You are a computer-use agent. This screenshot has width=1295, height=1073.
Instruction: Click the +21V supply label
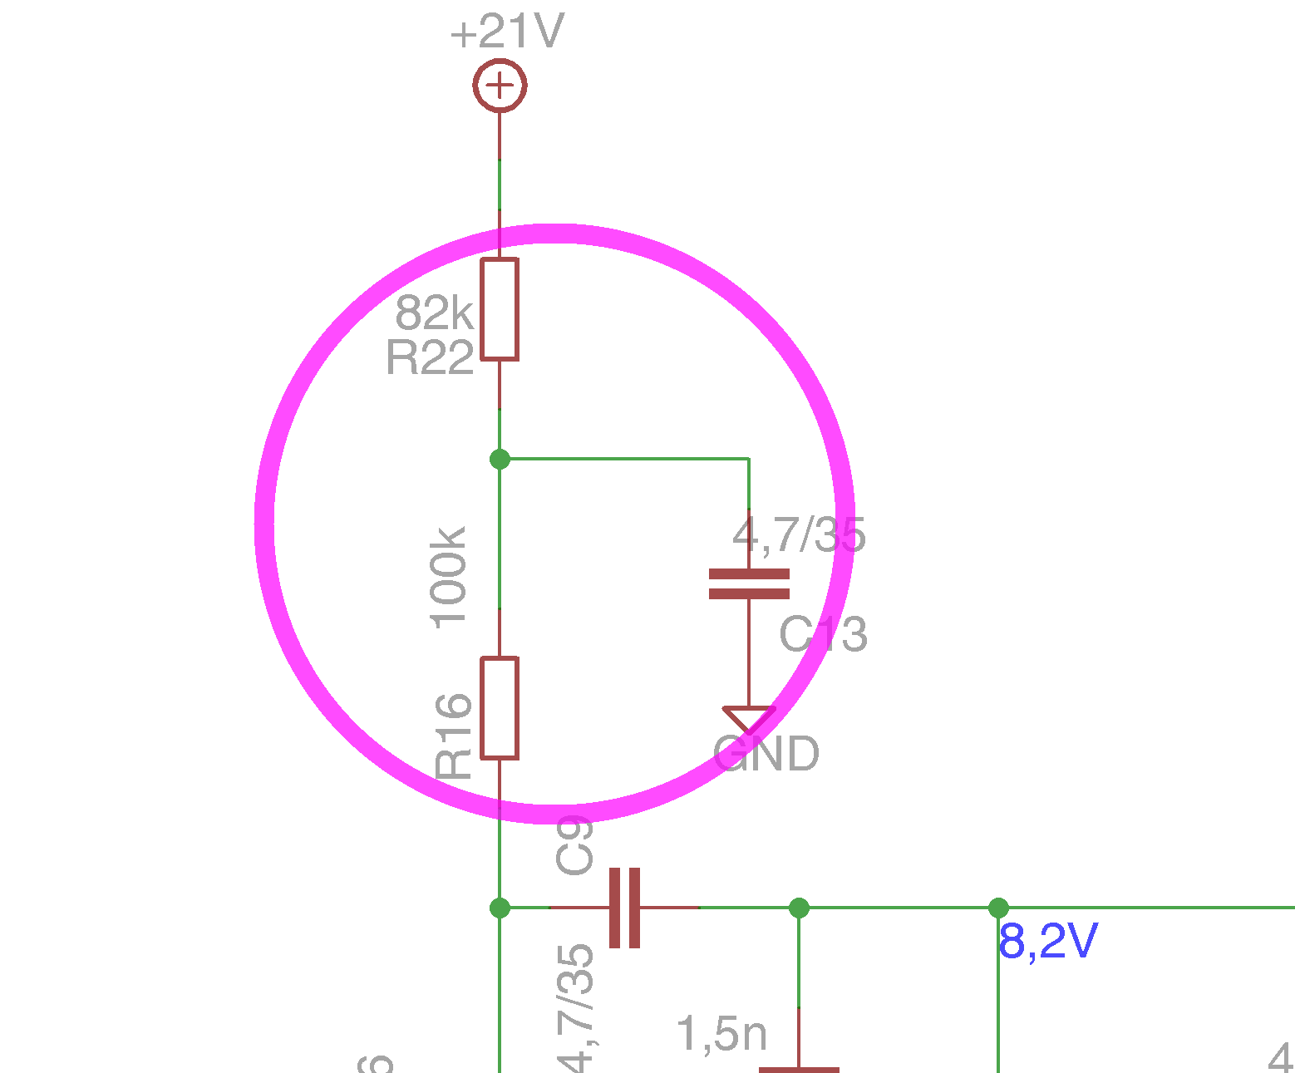point(507,33)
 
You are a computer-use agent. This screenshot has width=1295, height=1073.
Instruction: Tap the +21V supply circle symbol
point(500,85)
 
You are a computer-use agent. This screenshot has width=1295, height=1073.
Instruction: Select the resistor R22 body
point(500,309)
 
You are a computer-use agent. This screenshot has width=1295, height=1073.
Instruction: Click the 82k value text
point(434,313)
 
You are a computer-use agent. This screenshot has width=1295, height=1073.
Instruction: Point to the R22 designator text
point(430,359)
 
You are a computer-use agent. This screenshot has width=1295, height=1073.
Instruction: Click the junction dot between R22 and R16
point(500,459)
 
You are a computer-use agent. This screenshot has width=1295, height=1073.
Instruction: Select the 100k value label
point(449,576)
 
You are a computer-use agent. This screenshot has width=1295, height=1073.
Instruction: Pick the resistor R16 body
point(500,708)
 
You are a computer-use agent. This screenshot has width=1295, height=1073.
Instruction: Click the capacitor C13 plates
point(749,583)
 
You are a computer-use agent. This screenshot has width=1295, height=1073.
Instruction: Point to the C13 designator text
point(823,636)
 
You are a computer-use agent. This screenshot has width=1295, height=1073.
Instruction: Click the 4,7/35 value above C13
point(799,535)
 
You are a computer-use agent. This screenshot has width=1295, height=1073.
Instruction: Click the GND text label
point(766,755)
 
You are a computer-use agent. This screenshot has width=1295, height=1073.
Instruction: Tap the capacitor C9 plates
point(624,908)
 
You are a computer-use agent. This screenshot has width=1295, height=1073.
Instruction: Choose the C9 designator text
point(574,845)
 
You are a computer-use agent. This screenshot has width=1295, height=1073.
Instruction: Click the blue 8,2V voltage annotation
point(1048,943)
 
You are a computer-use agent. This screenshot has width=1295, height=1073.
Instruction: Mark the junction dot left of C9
point(500,908)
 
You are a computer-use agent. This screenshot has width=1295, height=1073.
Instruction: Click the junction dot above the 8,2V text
point(998,908)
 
